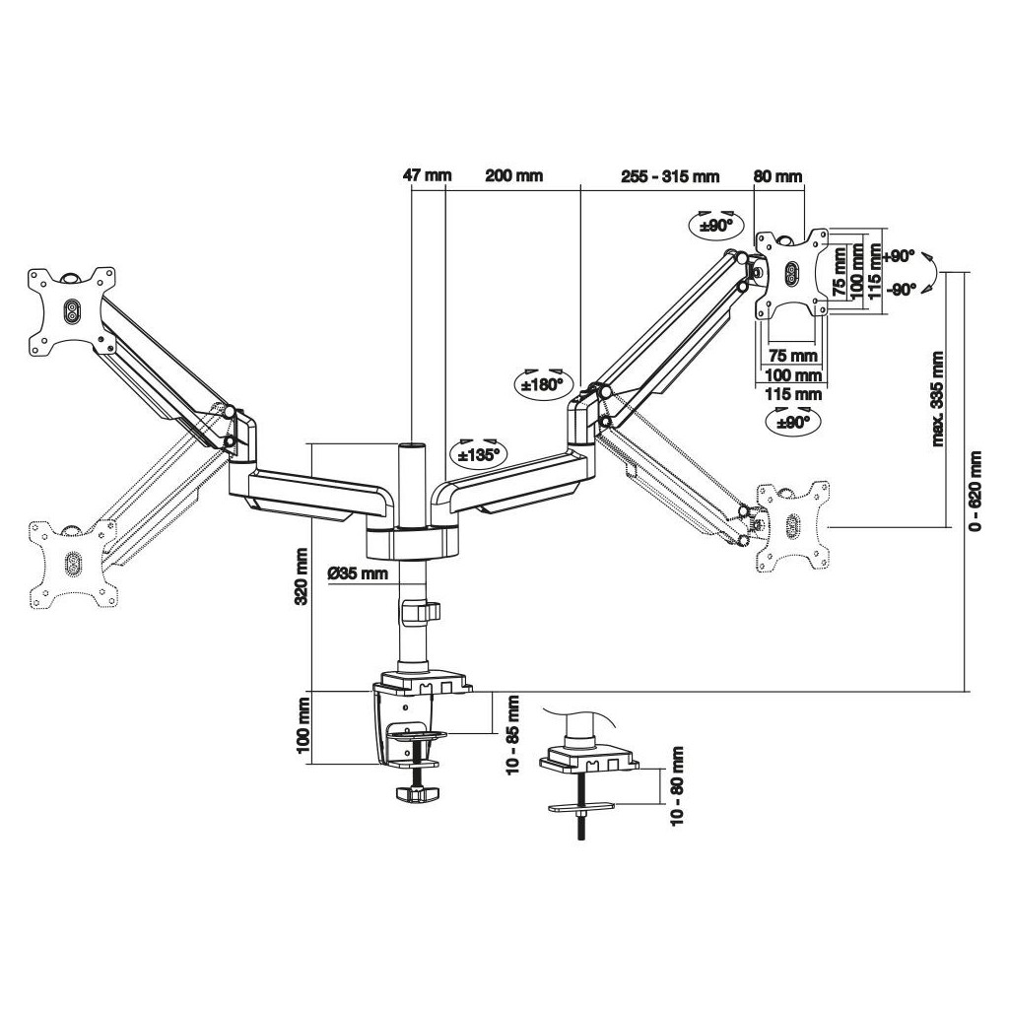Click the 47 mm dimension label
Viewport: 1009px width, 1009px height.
point(428,175)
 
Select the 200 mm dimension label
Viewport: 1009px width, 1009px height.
point(514,175)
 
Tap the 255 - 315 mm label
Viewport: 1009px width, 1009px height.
point(670,175)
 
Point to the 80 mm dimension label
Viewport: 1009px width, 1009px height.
point(778,175)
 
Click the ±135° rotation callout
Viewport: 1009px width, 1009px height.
point(478,453)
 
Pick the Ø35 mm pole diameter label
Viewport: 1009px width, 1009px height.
point(358,572)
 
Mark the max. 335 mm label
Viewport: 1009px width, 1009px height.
point(937,399)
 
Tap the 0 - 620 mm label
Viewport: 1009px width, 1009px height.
point(975,491)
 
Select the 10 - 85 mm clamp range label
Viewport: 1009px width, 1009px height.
point(512,734)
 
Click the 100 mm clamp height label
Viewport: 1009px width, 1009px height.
point(303,726)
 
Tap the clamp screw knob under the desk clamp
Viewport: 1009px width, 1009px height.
point(417,793)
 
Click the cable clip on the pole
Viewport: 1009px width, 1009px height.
point(420,611)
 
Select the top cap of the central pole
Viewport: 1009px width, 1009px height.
point(412,446)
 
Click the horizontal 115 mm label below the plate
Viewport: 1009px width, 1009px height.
point(793,394)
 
